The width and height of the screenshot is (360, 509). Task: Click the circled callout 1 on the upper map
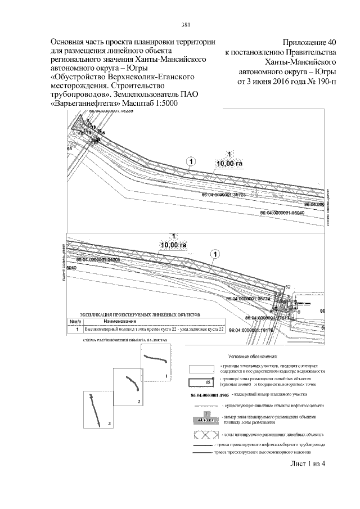[191, 161]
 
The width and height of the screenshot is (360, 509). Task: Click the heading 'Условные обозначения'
[253, 356]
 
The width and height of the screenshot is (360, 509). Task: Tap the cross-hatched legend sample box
[208, 435]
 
